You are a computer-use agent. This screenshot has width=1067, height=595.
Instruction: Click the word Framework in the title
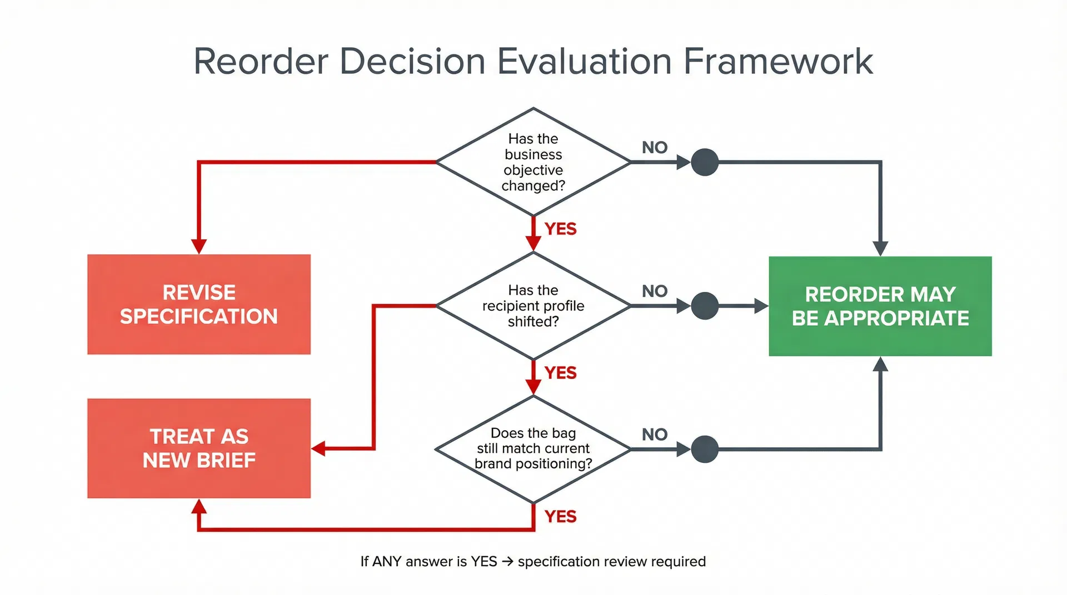(778, 61)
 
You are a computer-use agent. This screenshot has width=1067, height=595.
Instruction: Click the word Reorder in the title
(261, 61)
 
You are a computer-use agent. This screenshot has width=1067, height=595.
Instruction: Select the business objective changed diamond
(533, 162)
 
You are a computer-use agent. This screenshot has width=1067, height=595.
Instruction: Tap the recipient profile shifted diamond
(533, 305)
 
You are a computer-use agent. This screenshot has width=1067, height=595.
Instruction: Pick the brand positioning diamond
(533, 448)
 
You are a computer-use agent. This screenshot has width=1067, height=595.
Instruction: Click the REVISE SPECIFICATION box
(198, 304)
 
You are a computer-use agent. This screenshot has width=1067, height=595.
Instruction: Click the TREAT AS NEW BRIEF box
(198, 448)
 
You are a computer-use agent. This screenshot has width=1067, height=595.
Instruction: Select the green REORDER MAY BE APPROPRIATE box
(880, 306)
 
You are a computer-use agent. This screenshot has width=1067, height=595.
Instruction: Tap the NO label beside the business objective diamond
(654, 148)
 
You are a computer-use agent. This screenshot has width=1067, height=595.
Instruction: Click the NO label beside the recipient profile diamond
(654, 291)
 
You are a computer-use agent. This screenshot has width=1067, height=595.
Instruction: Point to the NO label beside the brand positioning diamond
(654, 435)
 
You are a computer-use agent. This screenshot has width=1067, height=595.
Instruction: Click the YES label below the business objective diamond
(560, 229)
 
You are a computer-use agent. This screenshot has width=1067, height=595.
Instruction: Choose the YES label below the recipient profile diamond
(560, 372)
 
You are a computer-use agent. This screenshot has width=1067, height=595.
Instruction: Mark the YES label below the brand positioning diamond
(560, 516)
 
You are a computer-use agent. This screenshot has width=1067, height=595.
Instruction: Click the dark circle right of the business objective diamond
(704, 162)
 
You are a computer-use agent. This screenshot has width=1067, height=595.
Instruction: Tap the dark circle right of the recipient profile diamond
(704, 306)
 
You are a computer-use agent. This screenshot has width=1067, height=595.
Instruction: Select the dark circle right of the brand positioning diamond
(704, 449)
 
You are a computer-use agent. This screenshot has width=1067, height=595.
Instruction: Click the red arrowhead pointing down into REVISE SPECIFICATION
(199, 246)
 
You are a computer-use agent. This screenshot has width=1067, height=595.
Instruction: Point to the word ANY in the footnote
(387, 562)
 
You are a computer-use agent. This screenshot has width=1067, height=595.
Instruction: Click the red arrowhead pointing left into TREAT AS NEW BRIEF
(318, 448)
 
